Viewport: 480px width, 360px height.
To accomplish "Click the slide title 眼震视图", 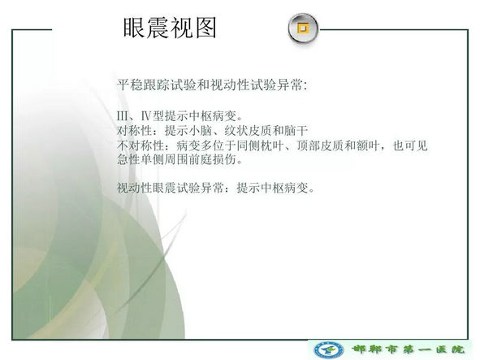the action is pyautogui.click(x=170, y=28).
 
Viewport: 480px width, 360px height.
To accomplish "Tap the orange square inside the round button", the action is pyautogui.click(x=303, y=28).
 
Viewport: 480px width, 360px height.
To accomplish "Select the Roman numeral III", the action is pyautogui.click(x=123, y=116).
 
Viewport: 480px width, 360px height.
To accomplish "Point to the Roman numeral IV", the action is pyautogui.click(x=146, y=116).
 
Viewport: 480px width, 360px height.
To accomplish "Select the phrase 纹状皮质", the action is pyautogui.click(x=248, y=131).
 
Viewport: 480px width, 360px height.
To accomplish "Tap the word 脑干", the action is pyautogui.click(x=296, y=131).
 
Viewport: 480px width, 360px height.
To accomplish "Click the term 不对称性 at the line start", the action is pyautogui.click(x=141, y=145).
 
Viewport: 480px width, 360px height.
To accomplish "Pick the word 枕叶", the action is pyautogui.click(x=272, y=145).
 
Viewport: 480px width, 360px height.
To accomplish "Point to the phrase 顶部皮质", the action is pyautogui.click(x=320, y=145).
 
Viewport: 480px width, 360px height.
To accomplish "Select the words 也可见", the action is pyautogui.click(x=410, y=145).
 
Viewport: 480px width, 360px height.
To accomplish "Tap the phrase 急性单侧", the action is pyautogui.click(x=141, y=159).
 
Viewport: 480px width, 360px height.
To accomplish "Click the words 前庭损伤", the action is pyautogui.click(x=212, y=159).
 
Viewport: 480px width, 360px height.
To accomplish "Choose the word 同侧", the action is pyautogui.click(x=248, y=145).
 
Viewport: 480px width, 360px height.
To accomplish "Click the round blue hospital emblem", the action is pyautogui.click(x=329, y=350).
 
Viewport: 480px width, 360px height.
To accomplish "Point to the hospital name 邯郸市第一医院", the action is pyautogui.click(x=409, y=349).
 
